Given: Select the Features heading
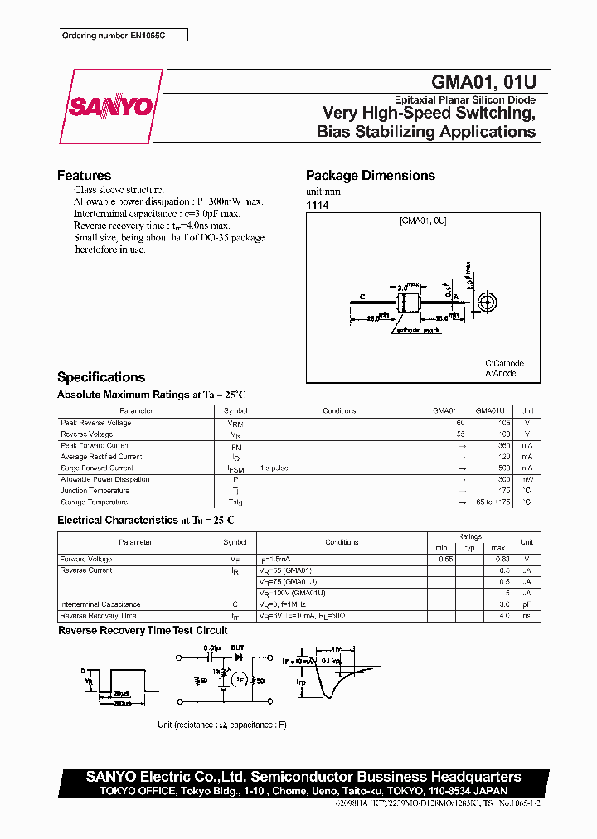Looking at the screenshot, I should pyautogui.click(x=84, y=176).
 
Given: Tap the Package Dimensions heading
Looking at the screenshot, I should pyautogui.click(x=370, y=176).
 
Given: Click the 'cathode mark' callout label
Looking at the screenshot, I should pyautogui.click(x=418, y=331).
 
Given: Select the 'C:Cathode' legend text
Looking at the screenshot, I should pyautogui.click(x=504, y=363).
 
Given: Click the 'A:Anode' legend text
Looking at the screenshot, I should pyautogui.click(x=500, y=373).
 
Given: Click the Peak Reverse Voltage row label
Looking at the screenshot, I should pyautogui.click(x=96, y=423).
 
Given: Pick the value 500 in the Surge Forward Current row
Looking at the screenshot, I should pyautogui.click(x=502, y=468).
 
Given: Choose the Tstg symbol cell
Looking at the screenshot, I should pyautogui.click(x=235, y=502).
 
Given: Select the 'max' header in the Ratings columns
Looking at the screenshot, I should pyautogui.click(x=498, y=548).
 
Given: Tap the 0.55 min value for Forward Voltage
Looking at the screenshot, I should pyautogui.click(x=445, y=560).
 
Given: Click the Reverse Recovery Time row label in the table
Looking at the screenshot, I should pyautogui.click(x=98, y=616).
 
